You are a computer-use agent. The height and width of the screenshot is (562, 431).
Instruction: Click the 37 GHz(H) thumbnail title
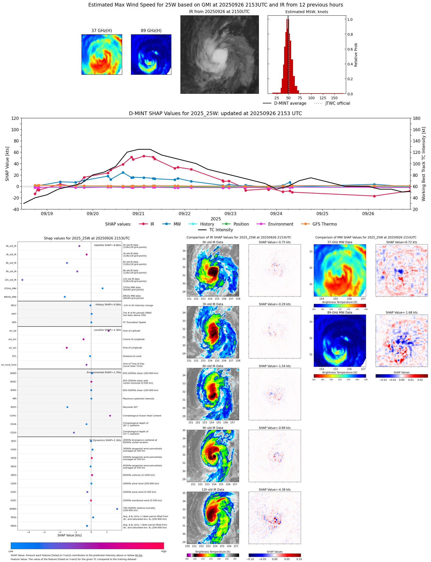[x=102, y=31]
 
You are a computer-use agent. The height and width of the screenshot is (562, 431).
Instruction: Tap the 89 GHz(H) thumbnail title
[x=151, y=31]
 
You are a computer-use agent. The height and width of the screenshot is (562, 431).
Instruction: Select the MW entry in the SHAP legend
[x=177, y=224]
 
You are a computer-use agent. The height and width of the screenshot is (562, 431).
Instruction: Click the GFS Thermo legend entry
[x=324, y=224]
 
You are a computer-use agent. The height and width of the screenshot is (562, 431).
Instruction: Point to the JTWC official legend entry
[x=338, y=103]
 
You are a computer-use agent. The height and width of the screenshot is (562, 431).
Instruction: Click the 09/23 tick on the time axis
[x=230, y=214]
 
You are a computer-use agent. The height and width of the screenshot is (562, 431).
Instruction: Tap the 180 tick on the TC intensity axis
[x=416, y=118]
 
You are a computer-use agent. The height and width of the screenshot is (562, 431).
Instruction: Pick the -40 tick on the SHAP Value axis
[x=15, y=209]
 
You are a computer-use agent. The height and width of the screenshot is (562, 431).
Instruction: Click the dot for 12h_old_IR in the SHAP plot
[x=22, y=280]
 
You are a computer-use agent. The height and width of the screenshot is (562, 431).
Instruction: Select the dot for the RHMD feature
[x=117, y=509]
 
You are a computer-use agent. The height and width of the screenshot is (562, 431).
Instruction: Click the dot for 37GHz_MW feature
[x=102, y=288]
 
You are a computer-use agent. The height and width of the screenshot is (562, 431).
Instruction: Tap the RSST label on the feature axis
[x=13, y=407]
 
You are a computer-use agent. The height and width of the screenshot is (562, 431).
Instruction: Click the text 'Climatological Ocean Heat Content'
[x=142, y=416]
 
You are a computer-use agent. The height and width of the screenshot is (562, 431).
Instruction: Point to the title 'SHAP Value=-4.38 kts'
[x=274, y=490]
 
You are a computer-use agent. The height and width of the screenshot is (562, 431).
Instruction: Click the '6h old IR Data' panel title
[x=213, y=366]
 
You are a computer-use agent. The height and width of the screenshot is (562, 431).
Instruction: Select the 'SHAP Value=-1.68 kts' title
[x=401, y=313]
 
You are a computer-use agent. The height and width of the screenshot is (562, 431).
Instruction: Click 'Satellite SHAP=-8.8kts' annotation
[x=107, y=245]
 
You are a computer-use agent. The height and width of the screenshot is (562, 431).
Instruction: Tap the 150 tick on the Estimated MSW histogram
[x=334, y=98]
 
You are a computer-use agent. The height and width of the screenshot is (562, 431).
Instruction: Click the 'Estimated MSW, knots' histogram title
[x=307, y=12]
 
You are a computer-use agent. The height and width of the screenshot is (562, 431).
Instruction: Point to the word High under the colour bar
[x=164, y=551]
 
